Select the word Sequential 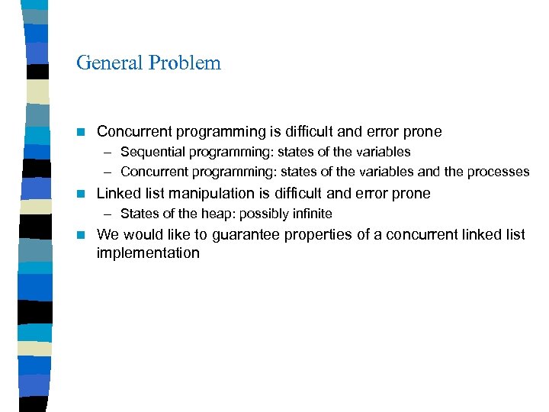coord(151,152)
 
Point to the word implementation coord(148,253)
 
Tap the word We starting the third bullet coord(108,234)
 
